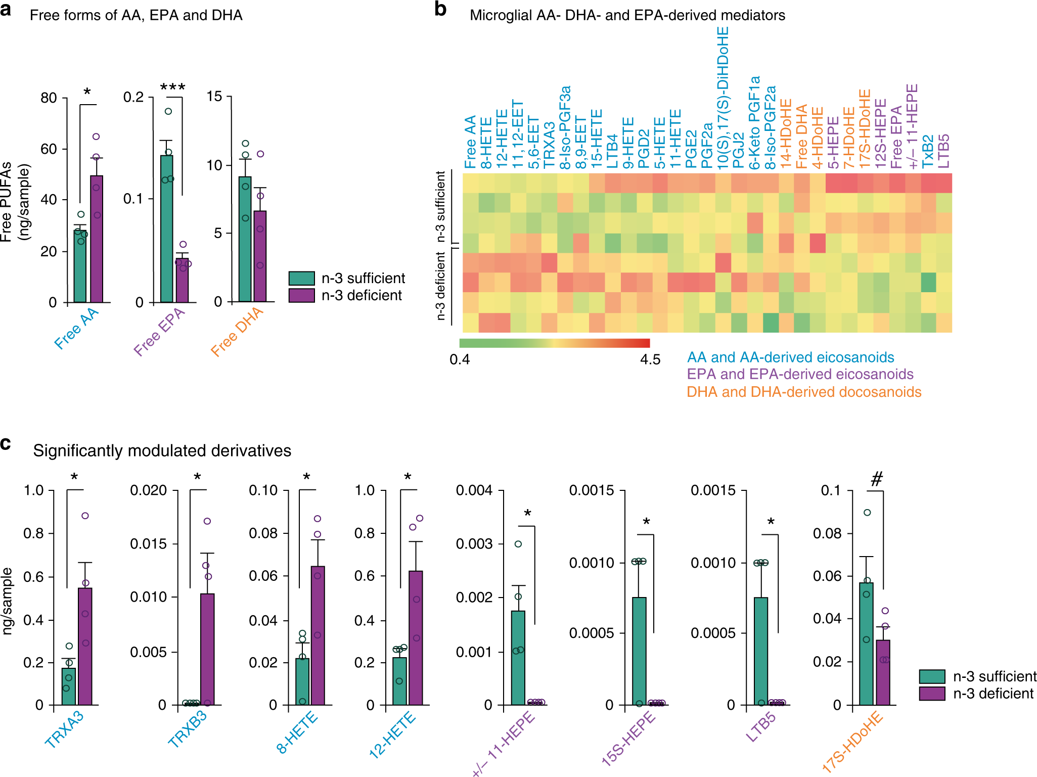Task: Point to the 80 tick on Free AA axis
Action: coord(49,98)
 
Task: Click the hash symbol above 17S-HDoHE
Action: coord(877,478)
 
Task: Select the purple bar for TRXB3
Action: coord(207,649)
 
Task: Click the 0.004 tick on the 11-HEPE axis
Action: coord(474,490)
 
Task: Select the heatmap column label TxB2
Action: coord(928,152)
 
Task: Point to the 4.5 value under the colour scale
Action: coord(650,359)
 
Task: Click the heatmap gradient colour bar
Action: coord(554,343)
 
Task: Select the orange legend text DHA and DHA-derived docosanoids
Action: coord(803,392)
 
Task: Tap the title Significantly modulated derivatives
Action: coord(162,450)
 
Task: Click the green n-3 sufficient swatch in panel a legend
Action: coord(301,278)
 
